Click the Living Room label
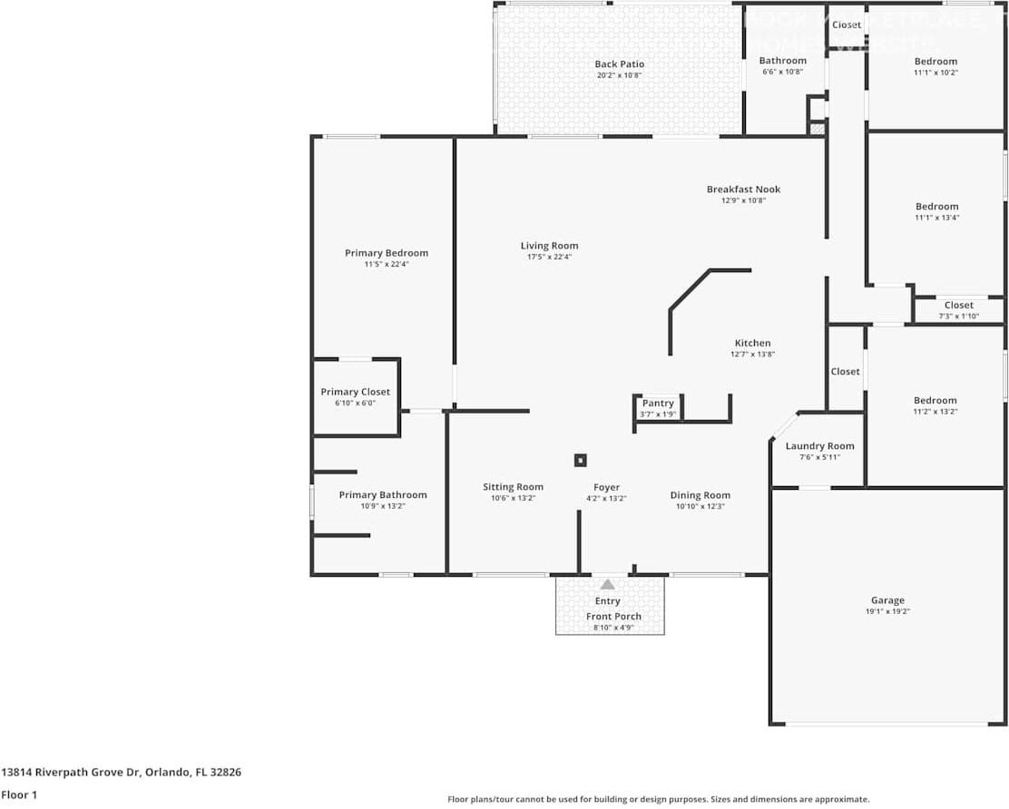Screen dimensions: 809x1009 click(549, 246)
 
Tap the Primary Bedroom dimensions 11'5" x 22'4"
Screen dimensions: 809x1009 click(386, 264)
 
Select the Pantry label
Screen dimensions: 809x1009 click(658, 404)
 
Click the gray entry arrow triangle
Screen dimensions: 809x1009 click(607, 584)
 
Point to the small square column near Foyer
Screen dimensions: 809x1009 click(580, 460)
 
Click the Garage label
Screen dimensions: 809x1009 click(887, 600)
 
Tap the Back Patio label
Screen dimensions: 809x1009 click(619, 64)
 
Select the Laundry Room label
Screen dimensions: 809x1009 click(819, 446)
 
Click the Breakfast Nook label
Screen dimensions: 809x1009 click(743, 190)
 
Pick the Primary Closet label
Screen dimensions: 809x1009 click(355, 392)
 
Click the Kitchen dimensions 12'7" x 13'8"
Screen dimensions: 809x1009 click(752, 355)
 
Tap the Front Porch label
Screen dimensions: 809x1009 click(613, 617)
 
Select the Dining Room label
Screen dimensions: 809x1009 click(700, 495)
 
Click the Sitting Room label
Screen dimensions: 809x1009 click(513, 487)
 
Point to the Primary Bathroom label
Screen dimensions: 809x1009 click(382, 495)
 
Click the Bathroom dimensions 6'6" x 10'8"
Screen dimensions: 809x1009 click(782, 72)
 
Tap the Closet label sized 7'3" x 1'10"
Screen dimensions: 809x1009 click(958, 306)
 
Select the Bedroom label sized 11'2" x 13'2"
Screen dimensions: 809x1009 click(935, 401)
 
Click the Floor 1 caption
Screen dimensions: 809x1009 click(19, 795)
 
